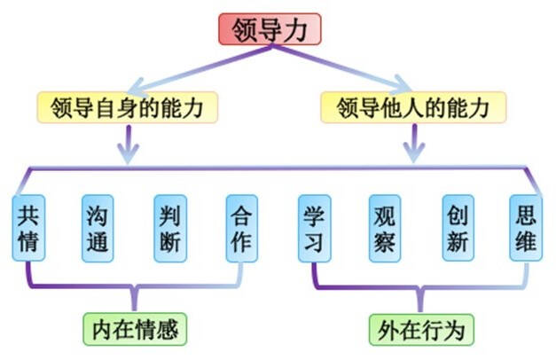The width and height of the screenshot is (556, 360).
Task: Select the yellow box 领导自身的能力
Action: coord(127,108)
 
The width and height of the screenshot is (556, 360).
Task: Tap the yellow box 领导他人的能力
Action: coord(413,108)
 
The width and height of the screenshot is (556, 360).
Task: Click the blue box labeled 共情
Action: coord(29,228)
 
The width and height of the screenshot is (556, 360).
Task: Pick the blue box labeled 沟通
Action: coord(98,228)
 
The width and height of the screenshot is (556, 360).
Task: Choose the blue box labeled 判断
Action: coord(170,228)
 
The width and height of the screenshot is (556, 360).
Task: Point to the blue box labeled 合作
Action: coord(241,228)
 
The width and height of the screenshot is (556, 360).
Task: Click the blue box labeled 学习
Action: coord(314,228)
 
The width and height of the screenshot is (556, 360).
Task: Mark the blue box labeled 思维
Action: coord(525,228)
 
